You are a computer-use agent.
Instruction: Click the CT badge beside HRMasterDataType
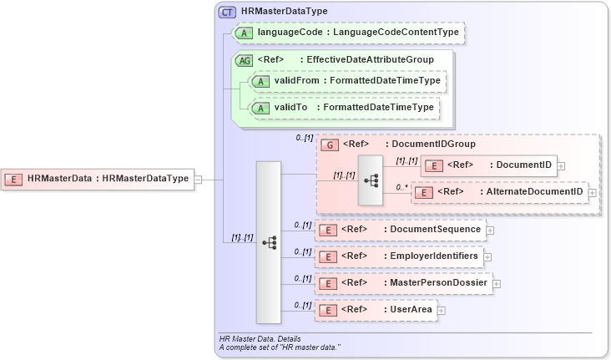[x=227, y=12]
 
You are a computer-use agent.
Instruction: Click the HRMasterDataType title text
[x=284, y=12]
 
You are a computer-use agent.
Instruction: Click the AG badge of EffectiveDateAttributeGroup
[x=245, y=60]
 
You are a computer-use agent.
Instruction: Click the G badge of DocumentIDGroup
[x=331, y=145]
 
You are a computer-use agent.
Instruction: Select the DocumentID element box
[x=488, y=165]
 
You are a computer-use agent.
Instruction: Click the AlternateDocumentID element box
[x=500, y=192]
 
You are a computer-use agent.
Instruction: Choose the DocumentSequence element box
[x=400, y=229]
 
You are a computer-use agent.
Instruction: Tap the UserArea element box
[x=375, y=310]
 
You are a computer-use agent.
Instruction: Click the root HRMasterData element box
[x=98, y=178]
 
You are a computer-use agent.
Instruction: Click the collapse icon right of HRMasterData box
[x=199, y=178]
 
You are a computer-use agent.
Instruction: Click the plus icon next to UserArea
[x=442, y=310]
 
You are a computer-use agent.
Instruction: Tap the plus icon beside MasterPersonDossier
[x=497, y=284]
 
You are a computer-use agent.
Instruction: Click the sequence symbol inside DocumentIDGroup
[x=370, y=180]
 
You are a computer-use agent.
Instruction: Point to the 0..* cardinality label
[x=403, y=187]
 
